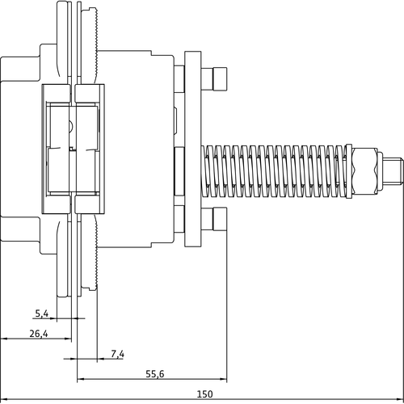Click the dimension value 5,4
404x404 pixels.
point(42,314)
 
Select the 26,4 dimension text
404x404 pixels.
point(39,334)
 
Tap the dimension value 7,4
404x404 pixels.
point(118,354)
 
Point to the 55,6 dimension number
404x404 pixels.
point(155,374)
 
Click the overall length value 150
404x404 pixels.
point(204,394)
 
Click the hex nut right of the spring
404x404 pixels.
point(364,170)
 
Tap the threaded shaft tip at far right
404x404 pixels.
point(393,171)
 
